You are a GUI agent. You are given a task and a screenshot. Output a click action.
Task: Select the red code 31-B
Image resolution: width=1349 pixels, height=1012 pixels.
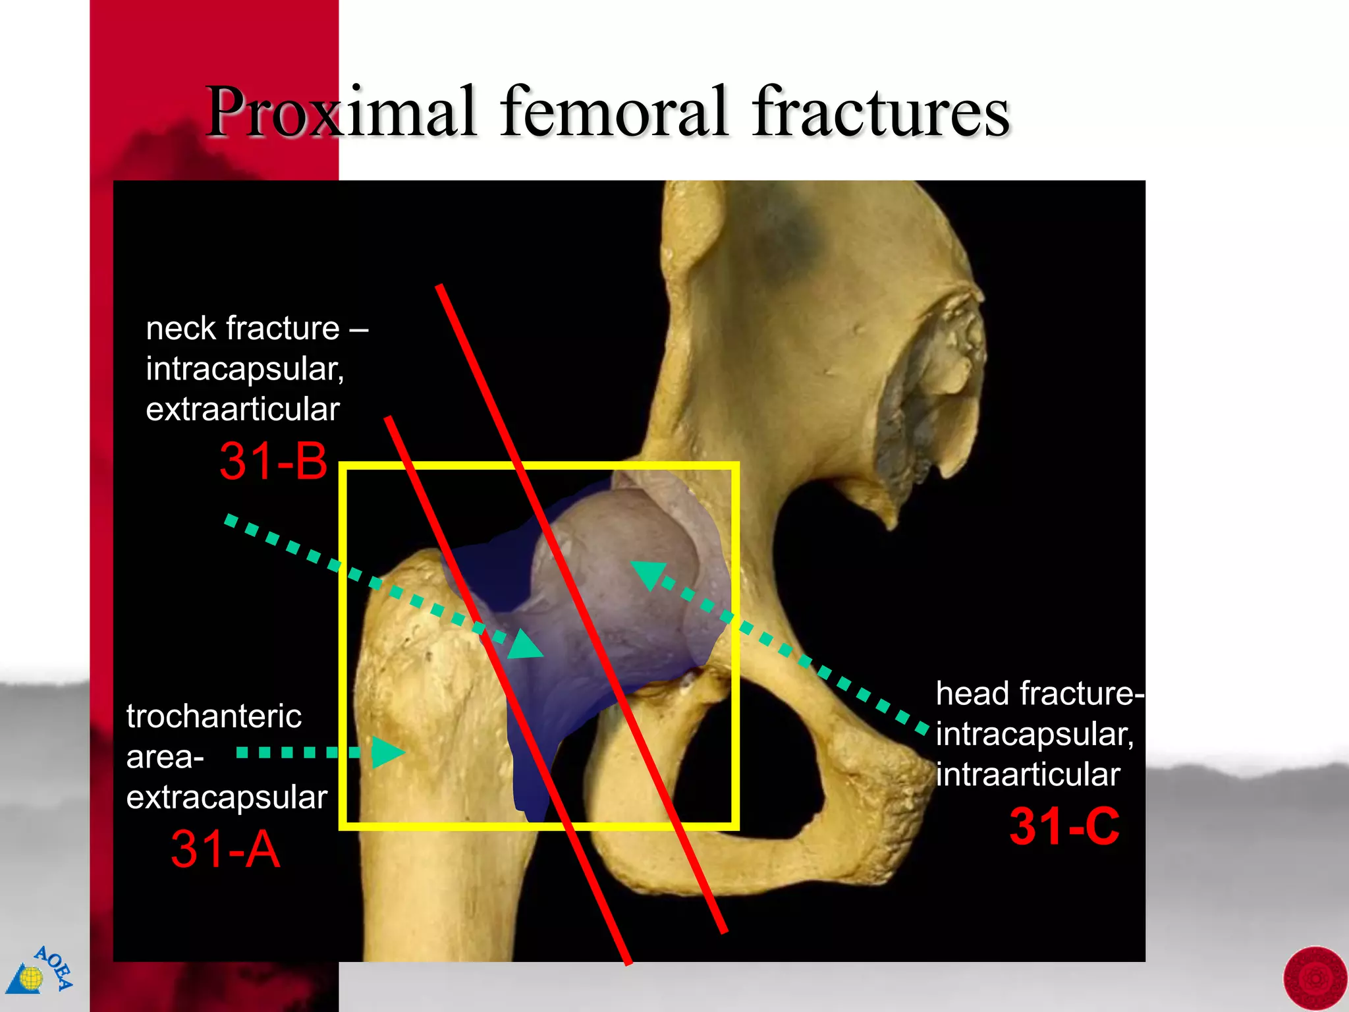pos(273,461)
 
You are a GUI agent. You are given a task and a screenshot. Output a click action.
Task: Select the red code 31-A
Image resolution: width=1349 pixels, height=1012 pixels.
pos(225,849)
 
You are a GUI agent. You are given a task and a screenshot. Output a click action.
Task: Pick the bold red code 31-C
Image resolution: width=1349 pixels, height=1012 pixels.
pos(1064,826)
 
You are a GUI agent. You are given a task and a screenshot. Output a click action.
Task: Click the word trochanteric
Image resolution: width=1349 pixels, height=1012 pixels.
pos(214,716)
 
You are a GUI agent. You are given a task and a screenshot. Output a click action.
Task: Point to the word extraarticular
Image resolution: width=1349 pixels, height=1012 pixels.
pos(242,409)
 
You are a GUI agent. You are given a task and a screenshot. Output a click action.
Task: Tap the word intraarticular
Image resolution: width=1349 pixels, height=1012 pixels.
pos(1028,774)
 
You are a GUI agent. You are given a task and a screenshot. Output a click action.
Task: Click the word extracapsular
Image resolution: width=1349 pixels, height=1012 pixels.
pos(227,797)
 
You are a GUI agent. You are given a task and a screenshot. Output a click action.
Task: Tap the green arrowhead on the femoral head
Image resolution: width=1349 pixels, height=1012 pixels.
pos(647,573)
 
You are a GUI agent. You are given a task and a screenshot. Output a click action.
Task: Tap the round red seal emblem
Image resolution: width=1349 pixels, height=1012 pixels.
pos(1315,979)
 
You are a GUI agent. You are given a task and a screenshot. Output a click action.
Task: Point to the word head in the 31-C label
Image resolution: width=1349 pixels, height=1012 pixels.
pos(972,694)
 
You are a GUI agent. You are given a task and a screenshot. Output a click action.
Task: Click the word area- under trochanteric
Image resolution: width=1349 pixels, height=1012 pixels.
pos(165,758)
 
